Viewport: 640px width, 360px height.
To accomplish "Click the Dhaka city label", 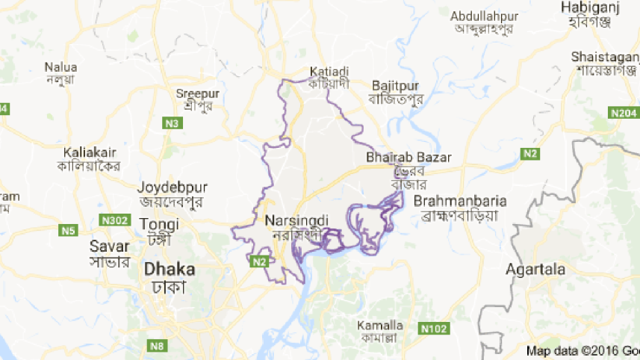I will (170, 270).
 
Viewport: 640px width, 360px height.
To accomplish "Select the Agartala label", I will (535, 269).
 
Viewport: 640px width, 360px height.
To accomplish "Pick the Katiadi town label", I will (329, 72).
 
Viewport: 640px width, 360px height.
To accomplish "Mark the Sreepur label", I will (196, 93).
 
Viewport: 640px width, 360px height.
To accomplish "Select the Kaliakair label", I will (88, 152).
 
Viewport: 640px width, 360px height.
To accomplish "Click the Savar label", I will (104, 245).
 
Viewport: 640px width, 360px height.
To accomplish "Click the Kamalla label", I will (379, 326).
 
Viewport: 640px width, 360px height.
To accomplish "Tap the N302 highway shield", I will (115, 221).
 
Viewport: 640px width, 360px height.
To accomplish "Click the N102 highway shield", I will (432, 327).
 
